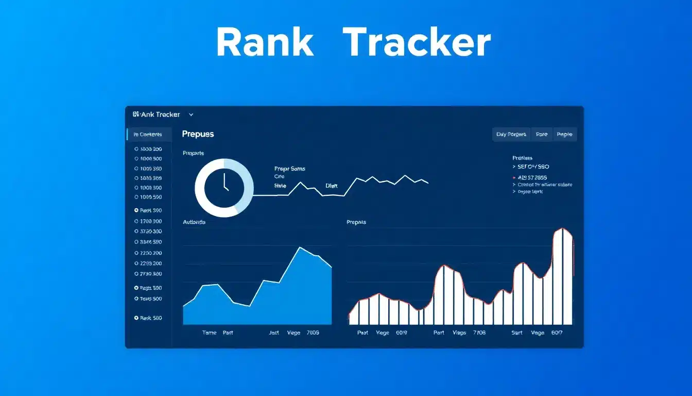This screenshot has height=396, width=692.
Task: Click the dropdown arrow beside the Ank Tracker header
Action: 191,115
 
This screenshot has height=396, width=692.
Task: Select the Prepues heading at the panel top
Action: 198,134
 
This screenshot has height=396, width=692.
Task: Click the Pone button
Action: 541,135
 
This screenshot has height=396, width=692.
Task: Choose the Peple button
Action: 564,135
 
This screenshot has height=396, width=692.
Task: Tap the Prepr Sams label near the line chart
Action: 290,169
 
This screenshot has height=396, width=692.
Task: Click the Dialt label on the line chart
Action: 332,186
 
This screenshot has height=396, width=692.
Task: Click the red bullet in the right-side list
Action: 514,177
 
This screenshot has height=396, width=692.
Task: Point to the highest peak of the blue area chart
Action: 300,247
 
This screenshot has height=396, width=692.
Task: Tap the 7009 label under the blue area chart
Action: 313,333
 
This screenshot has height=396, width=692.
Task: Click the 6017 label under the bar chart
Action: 557,333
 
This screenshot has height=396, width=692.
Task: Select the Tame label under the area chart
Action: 209,333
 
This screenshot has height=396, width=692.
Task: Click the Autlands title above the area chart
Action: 194,222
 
